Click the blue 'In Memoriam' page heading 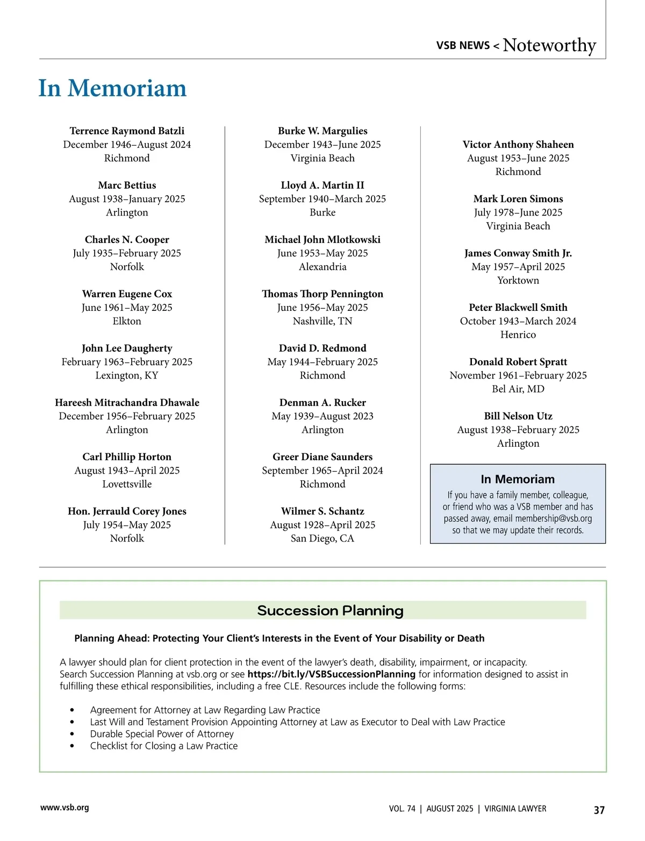click(x=112, y=88)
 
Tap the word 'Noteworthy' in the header click(x=549, y=45)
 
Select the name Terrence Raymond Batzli click(x=127, y=131)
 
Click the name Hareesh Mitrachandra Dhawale click(x=127, y=402)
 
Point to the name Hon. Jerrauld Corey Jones click(x=127, y=511)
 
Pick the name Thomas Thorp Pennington click(x=322, y=294)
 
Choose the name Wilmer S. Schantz click(x=322, y=511)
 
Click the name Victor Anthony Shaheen click(x=518, y=144)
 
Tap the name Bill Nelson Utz click(x=518, y=416)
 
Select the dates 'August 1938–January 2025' click(x=127, y=199)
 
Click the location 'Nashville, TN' click(x=322, y=321)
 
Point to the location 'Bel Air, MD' click(x=518, y=389)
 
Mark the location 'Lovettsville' click(x=127, y=484)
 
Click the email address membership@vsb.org click(x=553, y=518)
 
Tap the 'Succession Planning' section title click(x=330, y=611)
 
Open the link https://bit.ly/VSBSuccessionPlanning click(x=331, y=674)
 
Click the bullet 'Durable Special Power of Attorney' click(x=162, y=734)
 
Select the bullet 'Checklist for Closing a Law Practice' click(x=164, y=746)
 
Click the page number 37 click(x=599, y=810)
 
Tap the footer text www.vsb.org click(x=64, y=808)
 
